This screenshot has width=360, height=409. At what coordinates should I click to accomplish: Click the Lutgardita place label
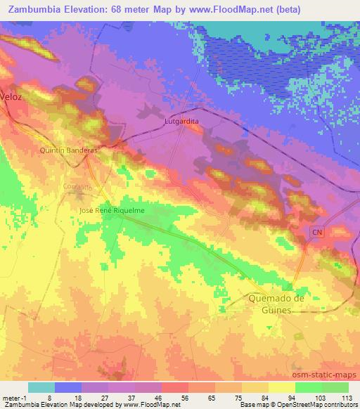click(181, 120)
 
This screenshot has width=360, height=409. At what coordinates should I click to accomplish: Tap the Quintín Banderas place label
click(68, 150)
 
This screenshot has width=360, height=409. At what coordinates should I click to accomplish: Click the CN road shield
click(317, 231)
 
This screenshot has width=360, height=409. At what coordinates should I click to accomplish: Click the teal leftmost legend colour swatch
click(41, 387)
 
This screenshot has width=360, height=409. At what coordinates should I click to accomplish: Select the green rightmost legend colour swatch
click(335, 387)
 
